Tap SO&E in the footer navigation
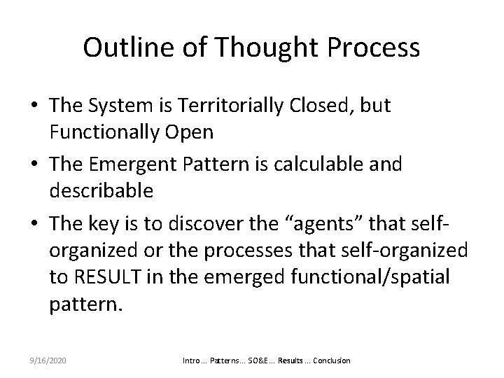click(253, 360)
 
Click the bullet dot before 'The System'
click(35, 106)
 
